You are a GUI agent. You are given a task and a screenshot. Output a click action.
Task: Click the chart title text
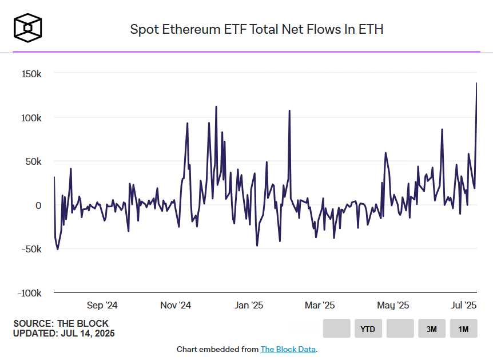pos(256,29)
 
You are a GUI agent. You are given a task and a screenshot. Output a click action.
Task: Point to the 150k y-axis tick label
pos(31,74)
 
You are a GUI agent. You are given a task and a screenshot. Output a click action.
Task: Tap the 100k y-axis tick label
pos(31,118)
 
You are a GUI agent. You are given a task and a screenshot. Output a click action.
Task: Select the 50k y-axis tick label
pos(33,161)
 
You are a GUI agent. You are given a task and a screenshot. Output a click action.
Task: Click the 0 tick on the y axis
pos(38,205)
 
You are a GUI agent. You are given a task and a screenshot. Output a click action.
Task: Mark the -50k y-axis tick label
pos(31,249)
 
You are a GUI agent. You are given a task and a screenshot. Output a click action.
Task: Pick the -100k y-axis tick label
pos(30,293)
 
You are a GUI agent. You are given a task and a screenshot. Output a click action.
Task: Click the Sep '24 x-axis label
pos(102,306)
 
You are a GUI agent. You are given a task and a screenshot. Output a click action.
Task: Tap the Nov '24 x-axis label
pos(176,306)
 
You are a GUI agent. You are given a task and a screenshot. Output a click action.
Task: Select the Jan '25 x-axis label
pos(249,306)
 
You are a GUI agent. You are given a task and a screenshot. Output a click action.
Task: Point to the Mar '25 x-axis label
pos(320,306)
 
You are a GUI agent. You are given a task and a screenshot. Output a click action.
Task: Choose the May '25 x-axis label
pos(393,306)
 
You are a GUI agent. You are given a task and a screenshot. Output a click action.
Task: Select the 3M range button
pos(432,329)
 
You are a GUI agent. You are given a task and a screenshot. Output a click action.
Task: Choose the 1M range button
pos(463,329)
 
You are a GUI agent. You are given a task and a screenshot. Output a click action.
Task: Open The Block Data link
pos(288,349)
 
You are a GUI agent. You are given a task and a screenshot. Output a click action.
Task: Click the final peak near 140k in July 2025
pos(476,84)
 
